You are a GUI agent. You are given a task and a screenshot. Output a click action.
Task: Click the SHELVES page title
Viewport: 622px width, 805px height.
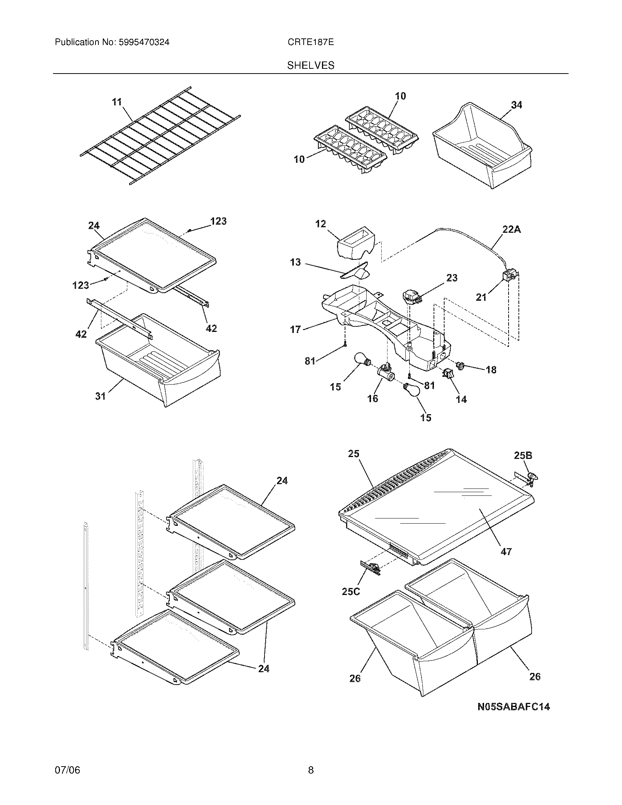click(311, 65)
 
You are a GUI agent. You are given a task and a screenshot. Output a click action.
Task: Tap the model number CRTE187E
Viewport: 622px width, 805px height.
click(311, 42)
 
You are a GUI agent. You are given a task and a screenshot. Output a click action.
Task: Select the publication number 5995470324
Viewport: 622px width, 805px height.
click(144, 42)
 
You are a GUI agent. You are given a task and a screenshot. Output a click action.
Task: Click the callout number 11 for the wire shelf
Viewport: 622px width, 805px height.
click(117, 102)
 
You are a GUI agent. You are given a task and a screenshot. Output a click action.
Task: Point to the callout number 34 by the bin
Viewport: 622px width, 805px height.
click(516, 105)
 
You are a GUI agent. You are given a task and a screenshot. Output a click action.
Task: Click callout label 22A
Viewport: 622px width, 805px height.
click(512, 230)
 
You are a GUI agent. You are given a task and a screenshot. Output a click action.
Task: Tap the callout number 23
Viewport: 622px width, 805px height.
click(452, 278)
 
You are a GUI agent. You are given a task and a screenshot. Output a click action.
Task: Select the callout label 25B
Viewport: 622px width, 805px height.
click(523, 456)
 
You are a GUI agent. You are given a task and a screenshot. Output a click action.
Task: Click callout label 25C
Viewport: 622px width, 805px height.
click(351, 591)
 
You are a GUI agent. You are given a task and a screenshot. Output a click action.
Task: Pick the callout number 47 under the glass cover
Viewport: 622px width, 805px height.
click(506, 562)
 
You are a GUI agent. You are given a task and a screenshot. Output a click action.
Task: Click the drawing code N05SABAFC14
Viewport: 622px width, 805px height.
click(513, 707)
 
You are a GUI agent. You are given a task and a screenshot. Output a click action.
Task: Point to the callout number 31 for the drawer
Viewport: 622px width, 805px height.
click(101, 396)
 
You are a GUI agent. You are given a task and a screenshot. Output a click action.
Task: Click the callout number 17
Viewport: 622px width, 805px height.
click(296, 330)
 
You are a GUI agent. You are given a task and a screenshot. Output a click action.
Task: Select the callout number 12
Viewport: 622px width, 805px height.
click(321, 224)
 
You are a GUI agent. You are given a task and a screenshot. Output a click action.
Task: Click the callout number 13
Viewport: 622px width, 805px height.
click(296, 262)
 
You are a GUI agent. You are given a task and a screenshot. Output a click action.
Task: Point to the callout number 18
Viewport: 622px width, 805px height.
click(491, 370)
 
